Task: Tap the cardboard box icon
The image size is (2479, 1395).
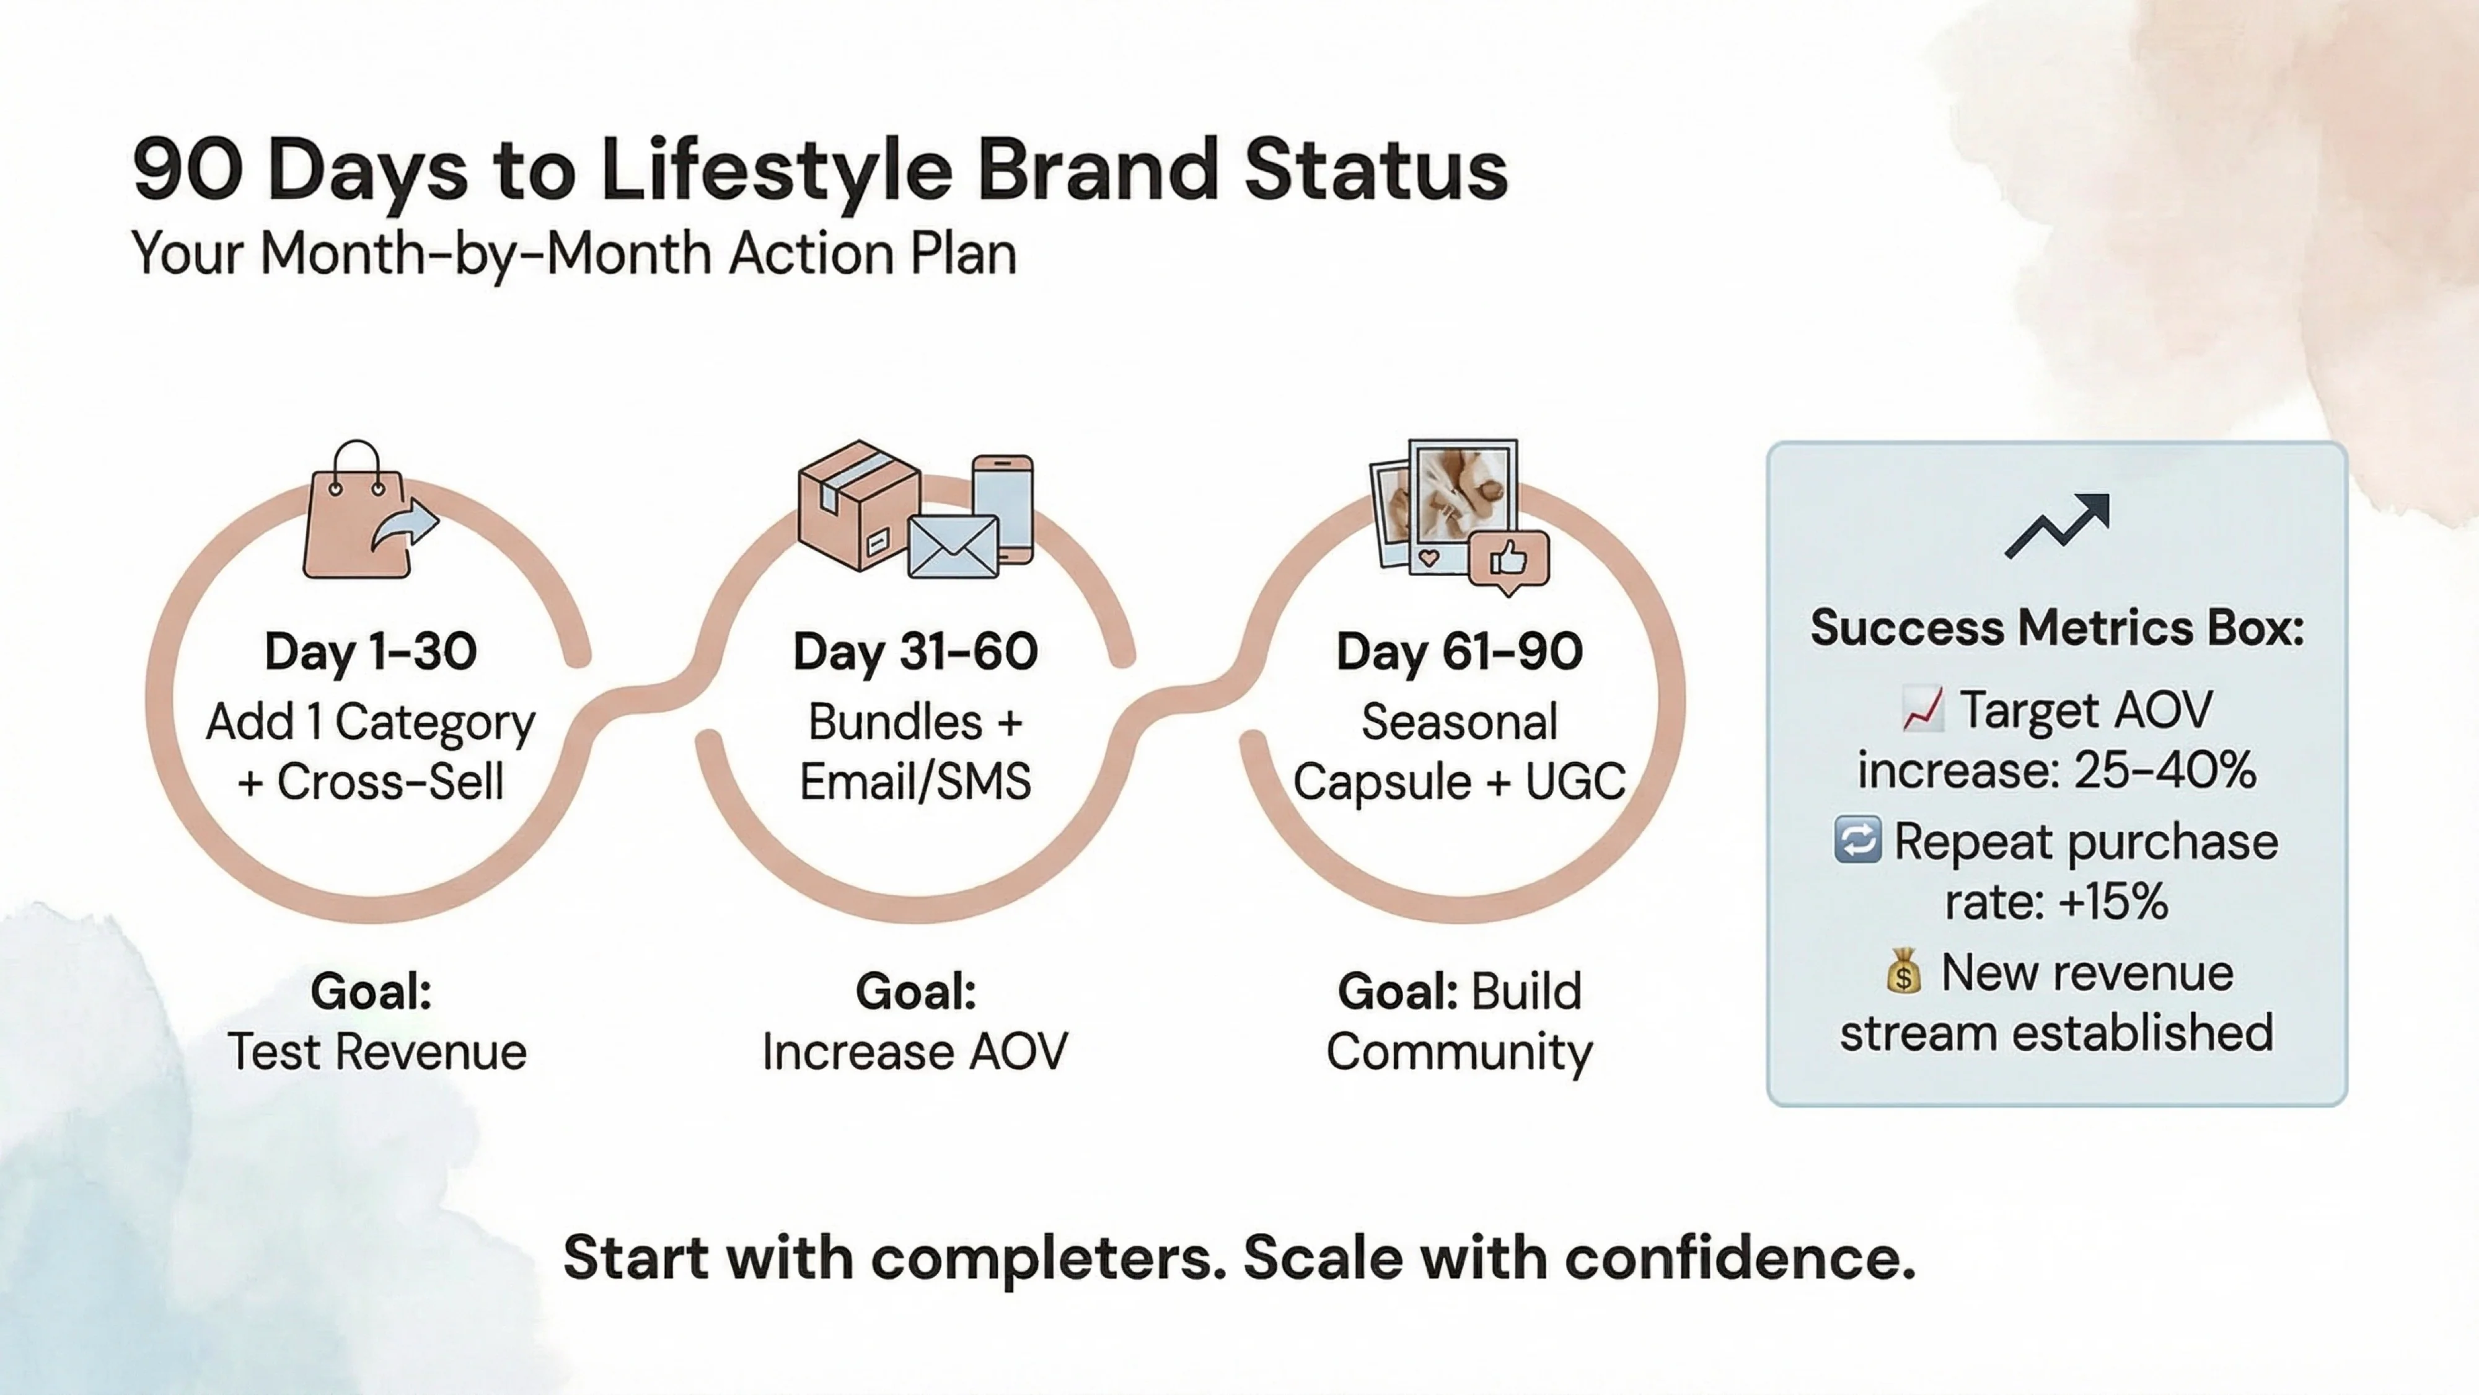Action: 856,505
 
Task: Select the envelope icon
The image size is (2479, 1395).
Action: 953,547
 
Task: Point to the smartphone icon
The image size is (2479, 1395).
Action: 1003,505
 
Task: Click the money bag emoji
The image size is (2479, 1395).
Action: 1903,972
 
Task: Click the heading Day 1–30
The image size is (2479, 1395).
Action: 371,652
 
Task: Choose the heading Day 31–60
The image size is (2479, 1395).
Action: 915,652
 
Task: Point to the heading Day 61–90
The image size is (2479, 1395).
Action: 1459,652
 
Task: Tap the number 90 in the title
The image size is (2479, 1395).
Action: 188,171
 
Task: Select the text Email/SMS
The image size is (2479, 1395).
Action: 915,781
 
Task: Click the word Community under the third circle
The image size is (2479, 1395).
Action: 1459,1052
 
